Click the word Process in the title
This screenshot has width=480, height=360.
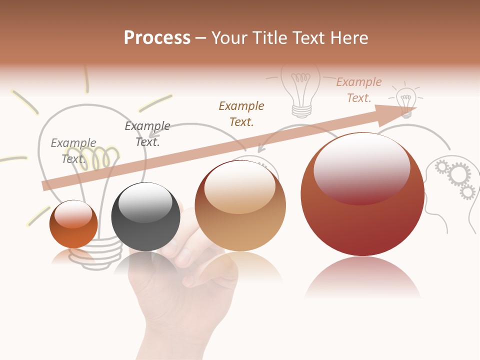157,38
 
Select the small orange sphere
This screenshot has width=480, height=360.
73,224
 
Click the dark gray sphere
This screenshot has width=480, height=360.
145,216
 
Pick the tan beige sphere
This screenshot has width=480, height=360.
240,205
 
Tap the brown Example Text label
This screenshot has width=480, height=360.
241,113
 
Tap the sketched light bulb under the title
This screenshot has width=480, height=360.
300,90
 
